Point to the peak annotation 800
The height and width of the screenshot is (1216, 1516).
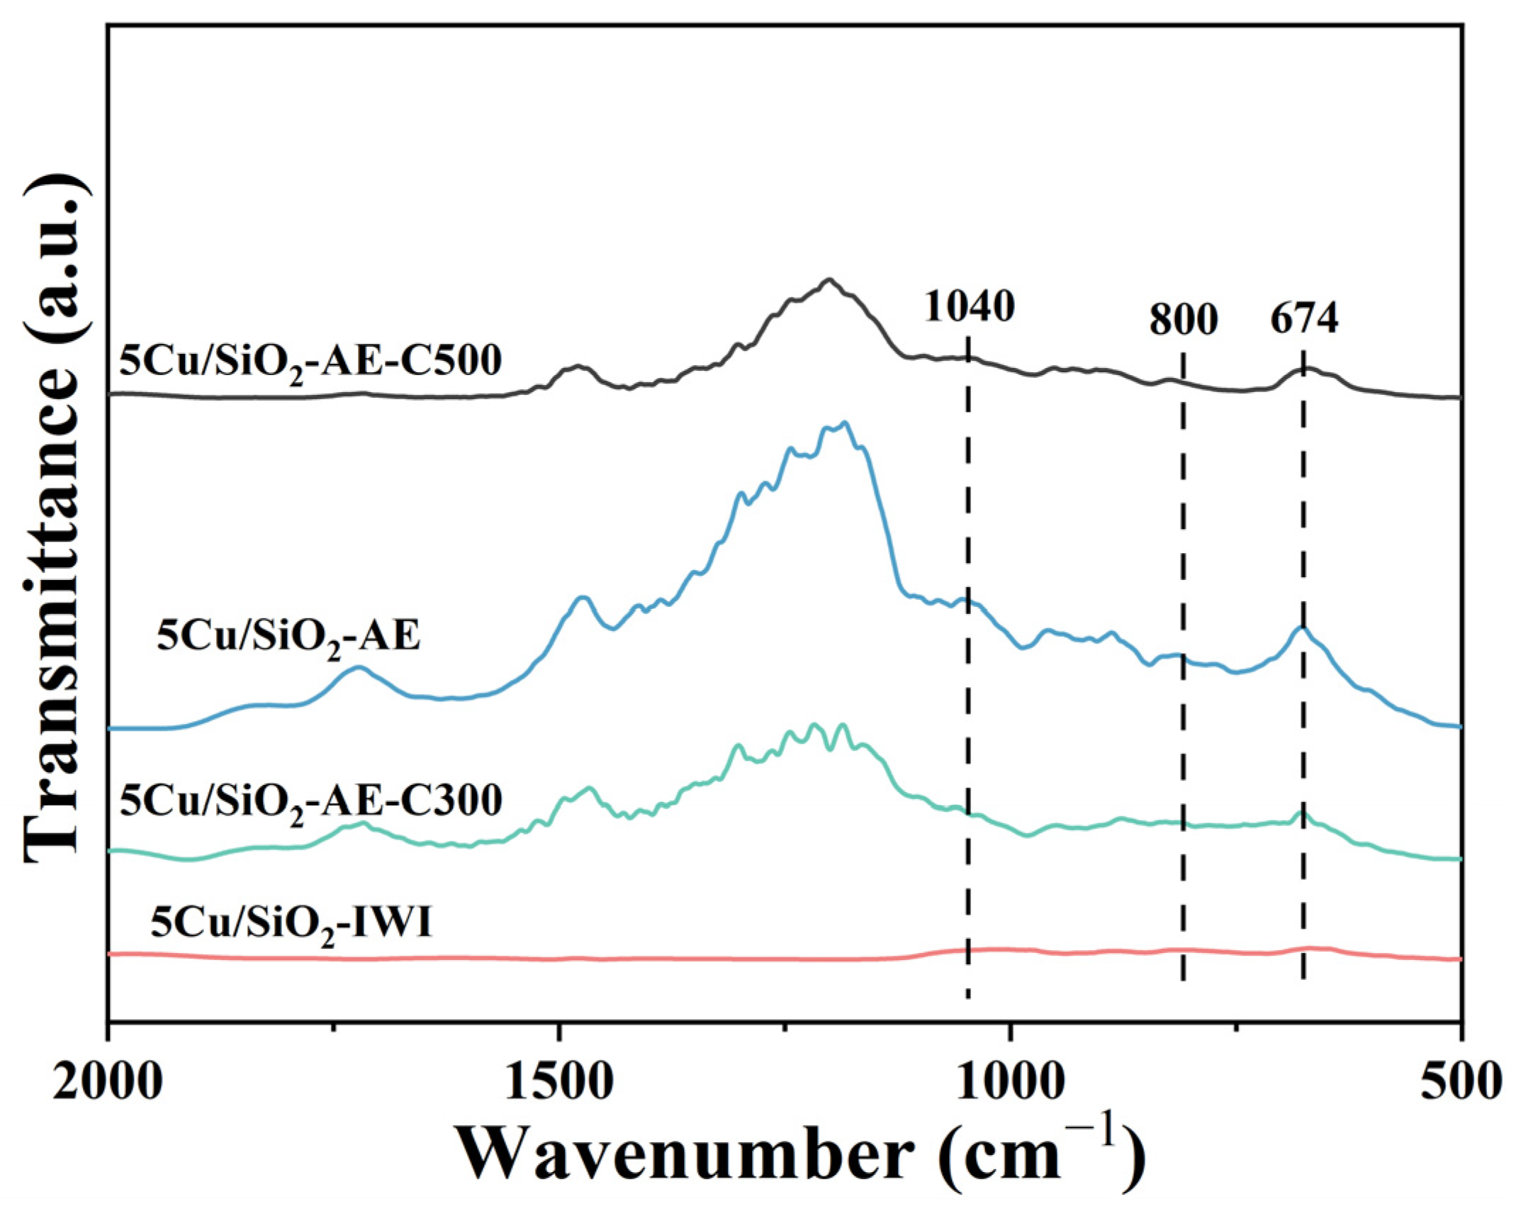coord(1183,320)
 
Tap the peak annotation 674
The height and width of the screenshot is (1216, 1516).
coord(1304,320)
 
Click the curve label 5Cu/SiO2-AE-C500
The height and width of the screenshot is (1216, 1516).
coord(310,362)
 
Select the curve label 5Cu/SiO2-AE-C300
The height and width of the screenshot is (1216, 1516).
coord(310,802)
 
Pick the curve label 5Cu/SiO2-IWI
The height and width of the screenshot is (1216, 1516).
coord(291,925)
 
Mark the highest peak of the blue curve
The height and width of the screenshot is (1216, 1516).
coord(845,423)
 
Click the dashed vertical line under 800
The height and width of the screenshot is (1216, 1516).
coord(1183,780)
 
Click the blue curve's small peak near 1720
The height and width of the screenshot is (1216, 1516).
coord(359,667)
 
